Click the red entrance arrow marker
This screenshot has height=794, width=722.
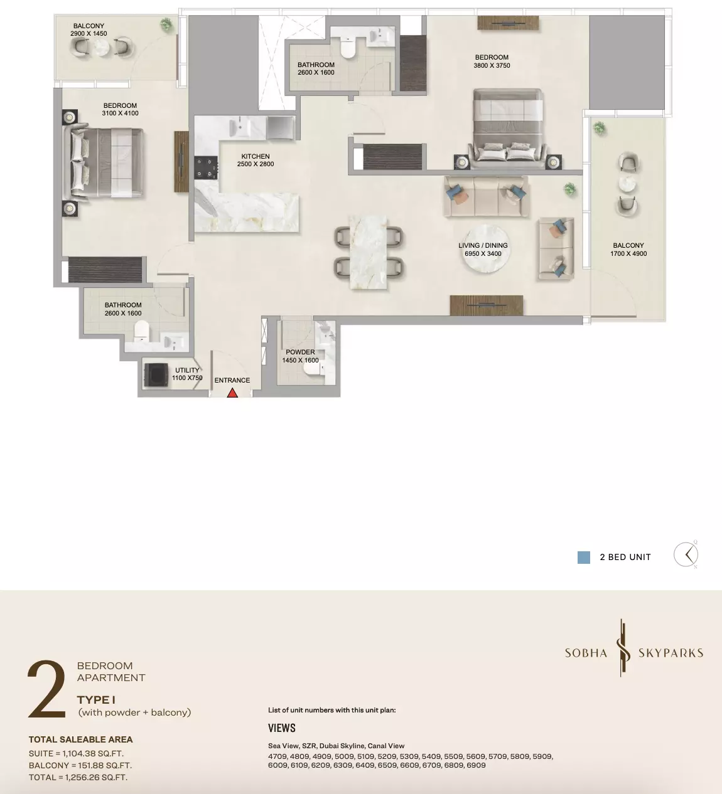(x=232, y=393)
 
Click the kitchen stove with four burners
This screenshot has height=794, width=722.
(x=206, y=168)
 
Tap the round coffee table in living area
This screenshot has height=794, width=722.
(x=486, y=248)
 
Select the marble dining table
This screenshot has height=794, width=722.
(x=368, y=252)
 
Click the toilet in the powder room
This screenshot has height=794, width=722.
(x=313, y=369)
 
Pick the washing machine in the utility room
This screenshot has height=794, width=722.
(x=156, y=375)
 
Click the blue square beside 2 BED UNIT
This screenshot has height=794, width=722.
(x=583, y=557)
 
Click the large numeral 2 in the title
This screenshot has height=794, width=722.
(x=46, y=689)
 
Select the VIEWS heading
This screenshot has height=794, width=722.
(x=282, y=728)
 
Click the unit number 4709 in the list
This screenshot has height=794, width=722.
(x=277, y=756)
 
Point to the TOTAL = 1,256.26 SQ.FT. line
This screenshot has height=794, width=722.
(x=78, y=777)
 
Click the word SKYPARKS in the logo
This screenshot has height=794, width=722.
(x=671, y=653)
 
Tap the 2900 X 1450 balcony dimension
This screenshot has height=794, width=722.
(x=89, y=34)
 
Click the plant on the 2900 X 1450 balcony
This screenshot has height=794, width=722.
(x=166, y=24)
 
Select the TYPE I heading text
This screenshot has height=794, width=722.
(x=96, y=700)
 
